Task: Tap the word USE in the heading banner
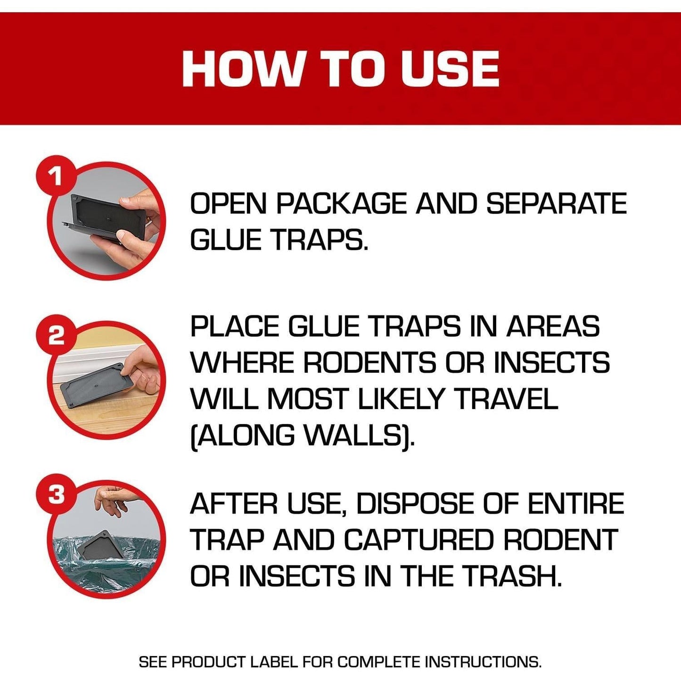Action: pos(450,69)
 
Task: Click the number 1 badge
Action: pos(56,178)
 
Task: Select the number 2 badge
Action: pos(56,336)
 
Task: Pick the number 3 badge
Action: pos(56,495)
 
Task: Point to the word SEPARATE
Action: pos(556,204)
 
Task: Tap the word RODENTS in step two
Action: pos(369,363)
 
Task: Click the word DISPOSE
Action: pos(415,504)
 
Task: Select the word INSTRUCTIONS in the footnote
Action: pos(483,662)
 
